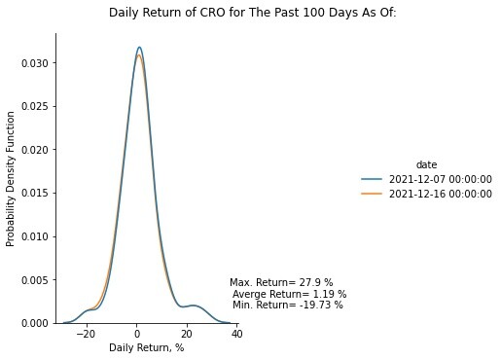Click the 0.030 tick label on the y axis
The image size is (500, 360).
coord(35,63)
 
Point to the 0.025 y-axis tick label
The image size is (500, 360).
coord(35,107)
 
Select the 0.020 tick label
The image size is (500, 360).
coord(35,150)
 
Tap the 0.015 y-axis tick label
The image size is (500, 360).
coord(35,194)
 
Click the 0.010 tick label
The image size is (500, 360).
coord(35,236)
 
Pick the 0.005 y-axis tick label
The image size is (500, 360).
coord(35,280)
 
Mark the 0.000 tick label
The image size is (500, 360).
coord(35,323)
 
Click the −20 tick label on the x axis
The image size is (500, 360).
coord(87,334)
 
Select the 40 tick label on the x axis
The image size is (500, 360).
coord(237,334)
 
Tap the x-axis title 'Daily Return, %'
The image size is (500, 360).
coord(147,347)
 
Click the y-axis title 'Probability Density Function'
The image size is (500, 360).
coord(11,179)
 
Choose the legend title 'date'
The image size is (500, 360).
coord(426,164)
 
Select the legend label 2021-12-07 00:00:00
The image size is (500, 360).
coord(441,179)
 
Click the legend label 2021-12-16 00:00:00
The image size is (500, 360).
coord(441,194)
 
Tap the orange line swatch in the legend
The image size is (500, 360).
coord(372,194)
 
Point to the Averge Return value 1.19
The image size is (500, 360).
coord(323,294)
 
